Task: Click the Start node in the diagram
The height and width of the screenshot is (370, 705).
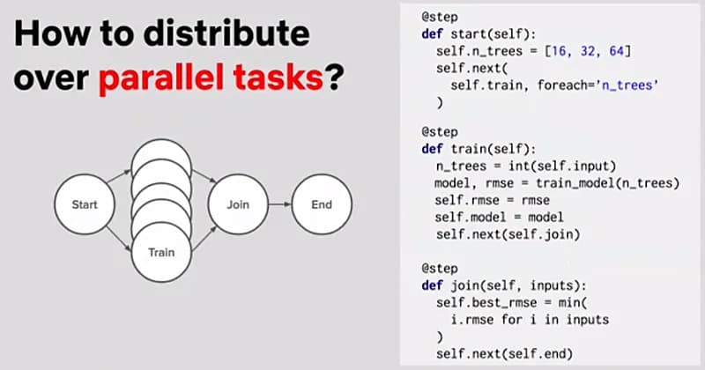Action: point(85,204)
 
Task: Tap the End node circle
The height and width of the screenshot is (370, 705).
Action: point(321,204)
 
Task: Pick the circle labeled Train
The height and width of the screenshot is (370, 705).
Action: point(161,252)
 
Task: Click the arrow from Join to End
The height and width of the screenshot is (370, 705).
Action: point(277,204)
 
